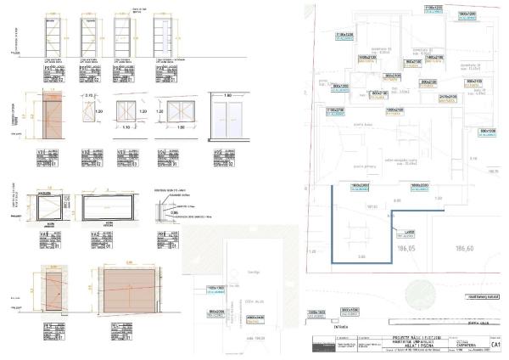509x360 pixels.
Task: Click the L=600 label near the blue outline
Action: click(409, 232)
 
